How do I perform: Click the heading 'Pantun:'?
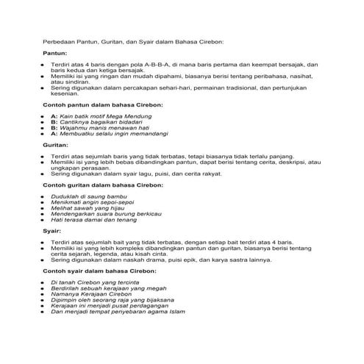(56, 54)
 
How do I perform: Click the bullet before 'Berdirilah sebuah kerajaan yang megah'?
(43, 288)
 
